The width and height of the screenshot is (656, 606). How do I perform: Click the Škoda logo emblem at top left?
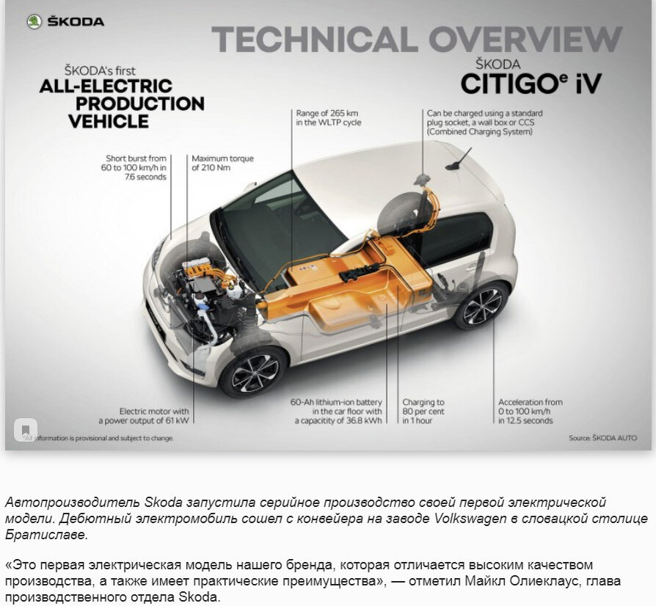click(x=34, y=21)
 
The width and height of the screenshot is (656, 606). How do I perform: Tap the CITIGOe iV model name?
click(x=531, y=83)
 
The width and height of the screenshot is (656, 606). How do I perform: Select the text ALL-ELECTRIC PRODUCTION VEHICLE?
click(x=121, y=103)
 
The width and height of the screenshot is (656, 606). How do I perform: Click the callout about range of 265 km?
click(x=328, y=118)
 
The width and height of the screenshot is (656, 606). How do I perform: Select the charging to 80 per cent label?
click(x=423, y=412)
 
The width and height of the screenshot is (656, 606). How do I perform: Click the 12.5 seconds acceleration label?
click(x=531, y=412)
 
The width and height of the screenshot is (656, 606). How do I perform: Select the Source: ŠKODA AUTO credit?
click(x=602, y=438)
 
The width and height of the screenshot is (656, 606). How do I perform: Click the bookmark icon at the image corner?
click(x=26, y=429)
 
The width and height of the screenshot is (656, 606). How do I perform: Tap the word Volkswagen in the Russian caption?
click(x=469, y=519)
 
